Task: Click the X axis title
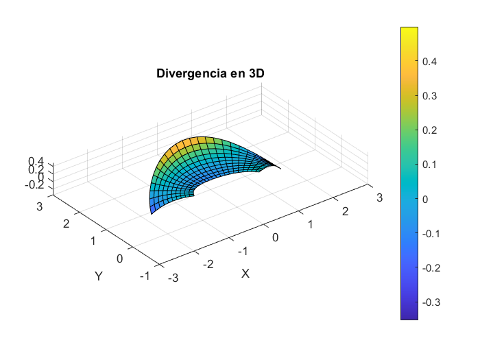(x=245, y=273)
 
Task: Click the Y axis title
(x=99, y=276)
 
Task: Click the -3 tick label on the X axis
(x=174, y=277)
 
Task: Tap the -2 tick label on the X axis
(x=208, y=263)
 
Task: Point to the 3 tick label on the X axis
(x=378, y=198)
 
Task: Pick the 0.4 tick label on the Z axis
(x=36, y=161)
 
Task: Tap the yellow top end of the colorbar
(x=409, y=29)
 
